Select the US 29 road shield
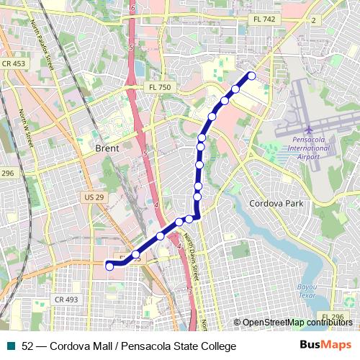[94, 197]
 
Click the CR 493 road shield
[66, 299]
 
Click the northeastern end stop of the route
[251, 76]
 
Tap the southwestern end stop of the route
[109, 266]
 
